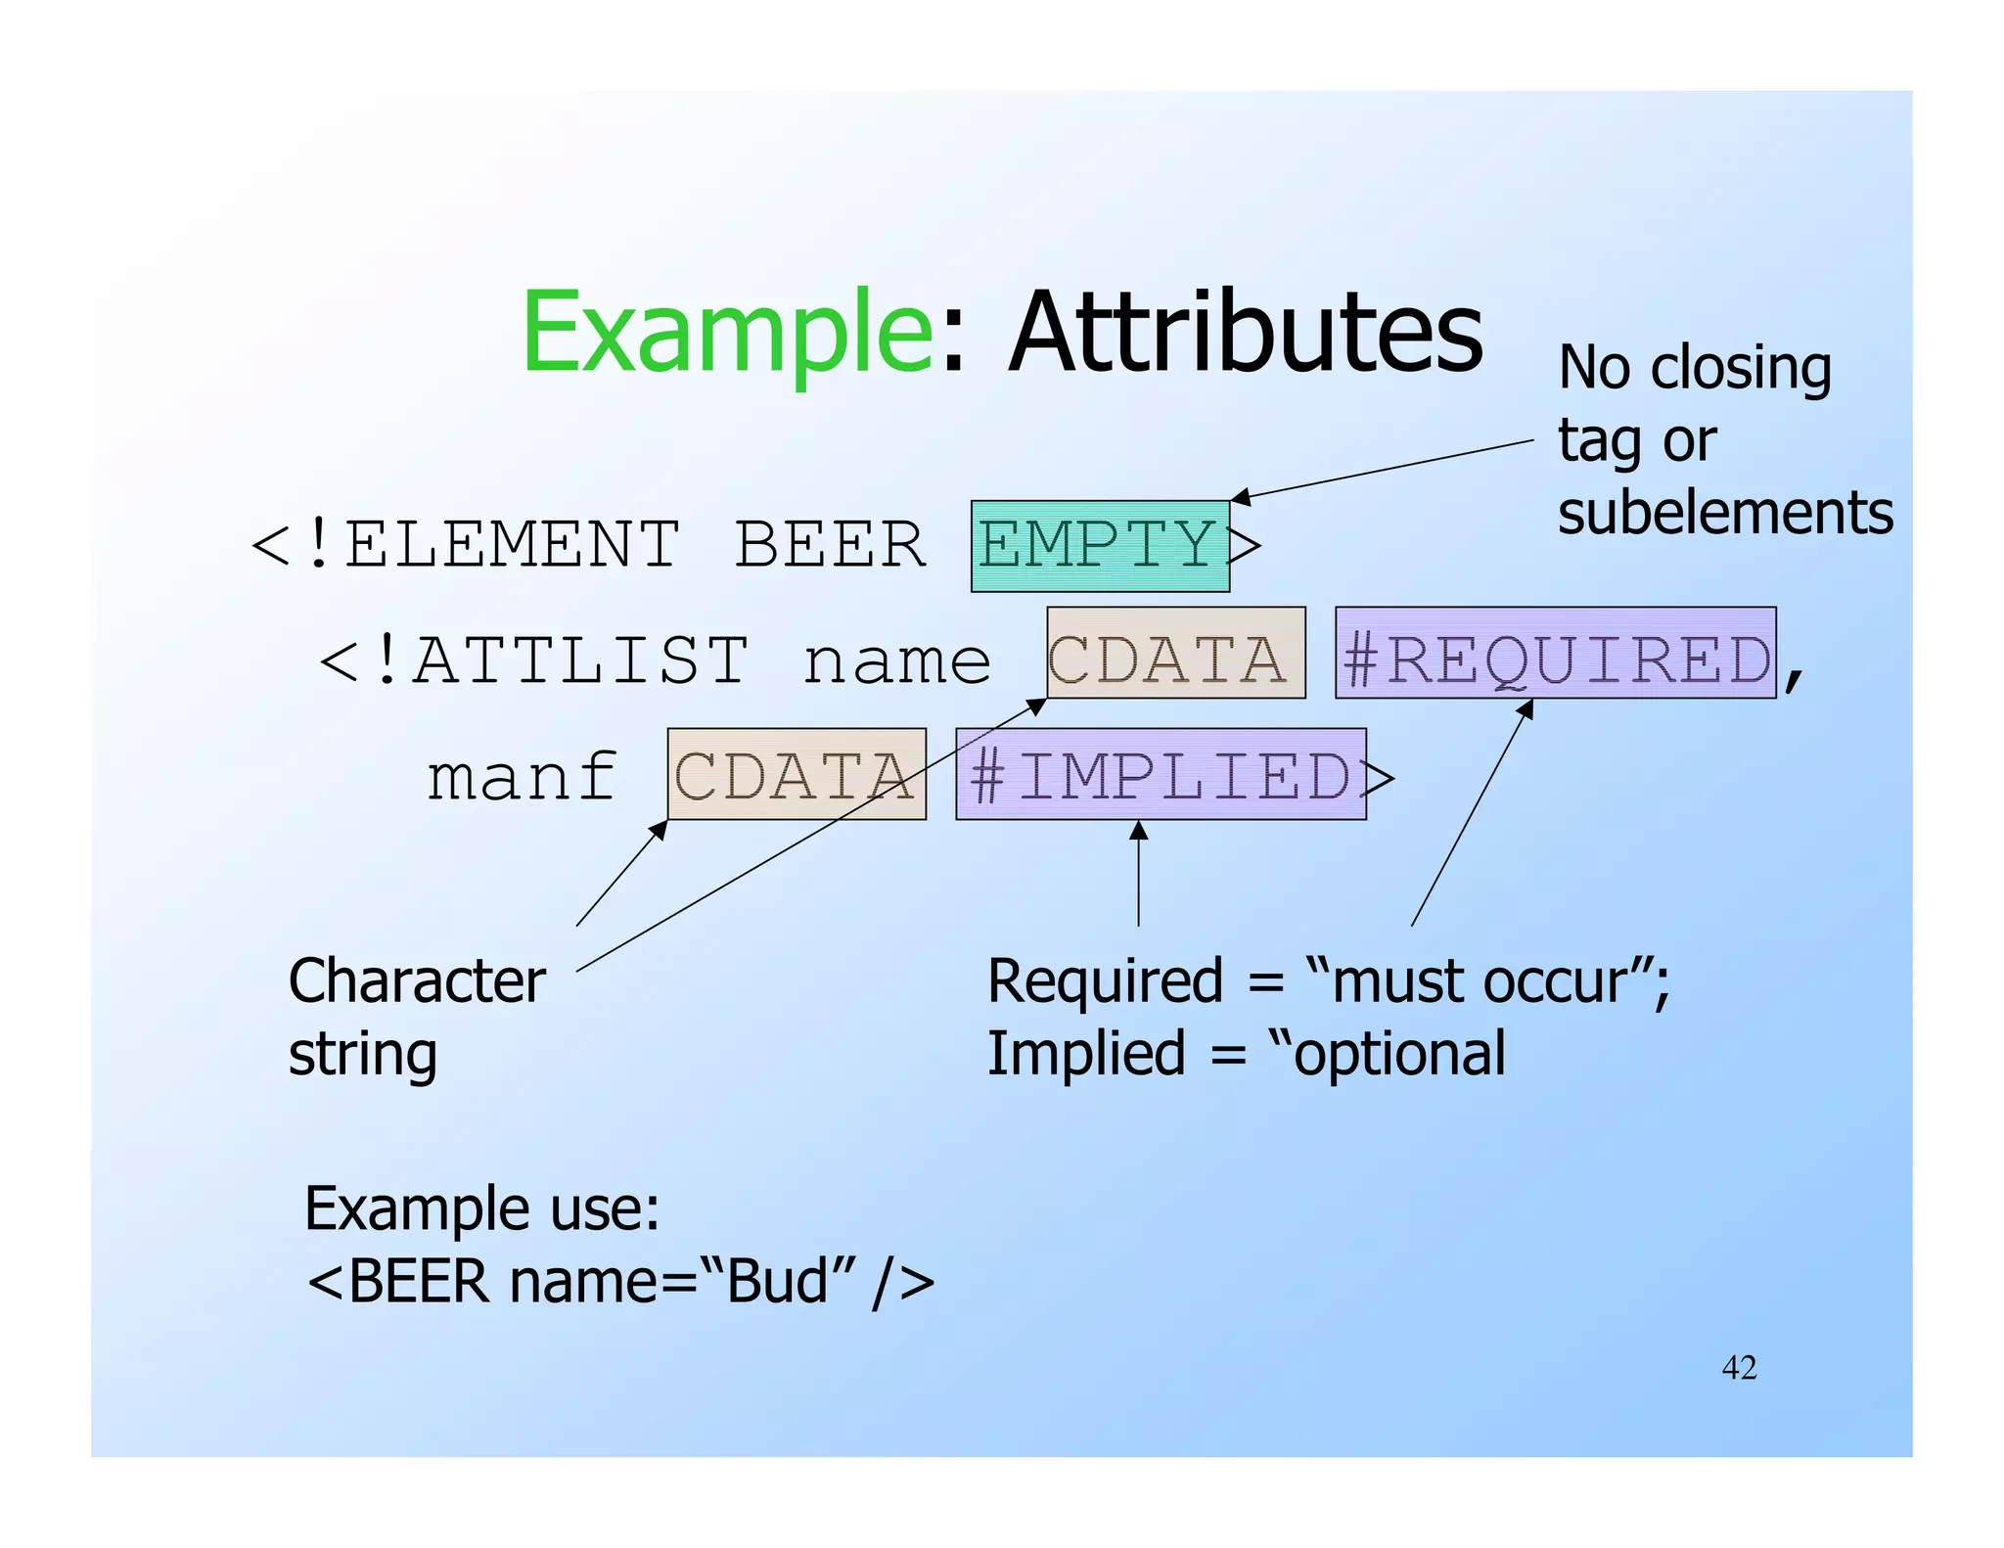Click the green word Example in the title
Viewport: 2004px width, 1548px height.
(x=728, y=333)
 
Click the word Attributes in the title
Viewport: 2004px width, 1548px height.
(x=1245, y=333)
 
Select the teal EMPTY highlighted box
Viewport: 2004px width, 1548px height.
(x=1099, y=546)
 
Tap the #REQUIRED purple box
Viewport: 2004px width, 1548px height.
(x=1555, y=653)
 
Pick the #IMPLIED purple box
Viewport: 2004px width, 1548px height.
(x=1160, y=774)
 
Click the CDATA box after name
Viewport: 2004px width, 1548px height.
(x=1175, y=653)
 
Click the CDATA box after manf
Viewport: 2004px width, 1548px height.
(x=796, y=774)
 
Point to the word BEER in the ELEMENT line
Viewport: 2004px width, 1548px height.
(x=830, y=545)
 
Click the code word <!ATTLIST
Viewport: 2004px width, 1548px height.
(x=534, y=660)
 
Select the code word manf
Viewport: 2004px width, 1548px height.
(x=522, y=777)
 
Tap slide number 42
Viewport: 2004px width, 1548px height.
(x=1739, y=1367)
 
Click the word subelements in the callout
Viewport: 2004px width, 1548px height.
(x=1724, y=513)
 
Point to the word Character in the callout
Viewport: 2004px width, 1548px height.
(x=417, y=981)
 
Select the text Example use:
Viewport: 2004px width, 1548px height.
(x=482, y=1208)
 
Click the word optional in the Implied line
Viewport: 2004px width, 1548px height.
(x=1399, y=1055)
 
